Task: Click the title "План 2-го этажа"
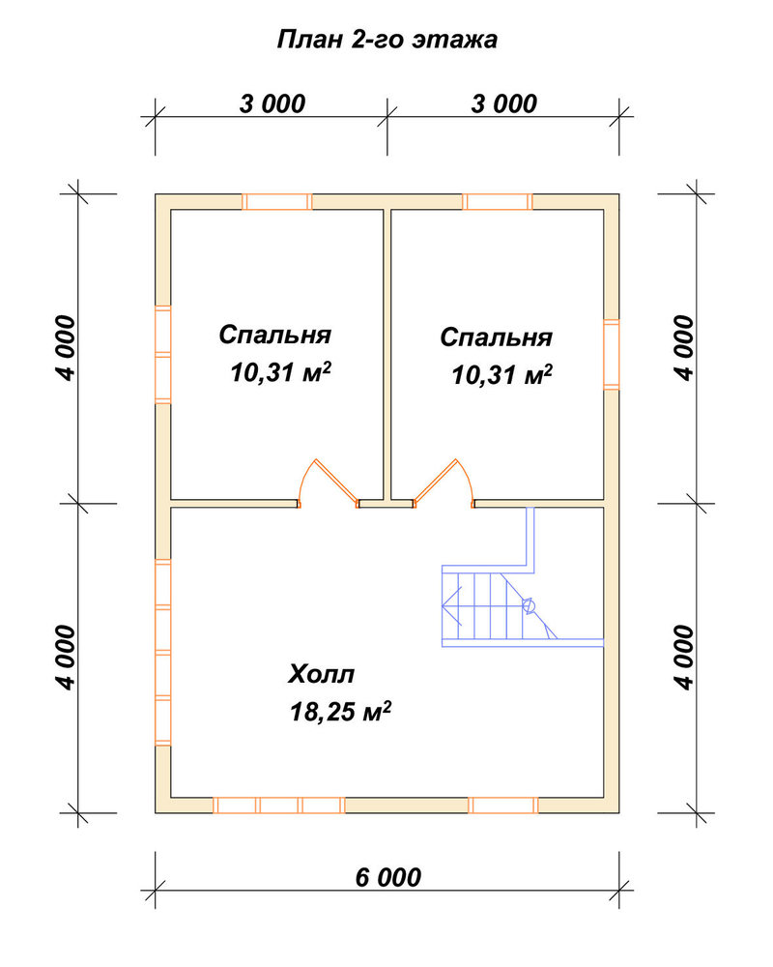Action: [x=387, y=40]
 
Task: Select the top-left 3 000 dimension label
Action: [x=272, y=103]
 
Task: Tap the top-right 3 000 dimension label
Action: [x=504, y=103]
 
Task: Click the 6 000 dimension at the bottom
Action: [x=388, y=877]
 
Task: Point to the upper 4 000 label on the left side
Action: [x=66, y=348]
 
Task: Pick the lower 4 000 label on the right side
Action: [x=684, y=658]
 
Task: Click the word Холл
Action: [x=321, y=674]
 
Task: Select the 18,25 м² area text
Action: [x=340, y=711]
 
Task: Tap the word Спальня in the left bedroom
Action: [x=275, y=335]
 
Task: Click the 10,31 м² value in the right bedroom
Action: [x=501, y=373]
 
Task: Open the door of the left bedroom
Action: [x=328, y=484]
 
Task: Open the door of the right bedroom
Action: [x=444, y=484]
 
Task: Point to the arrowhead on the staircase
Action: [x=450, y=605]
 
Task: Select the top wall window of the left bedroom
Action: [x=276, y=202]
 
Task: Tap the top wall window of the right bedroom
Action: [x=498, y=202]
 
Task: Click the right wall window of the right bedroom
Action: [x=611, y=355]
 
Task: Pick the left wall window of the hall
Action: [x=162, y=653]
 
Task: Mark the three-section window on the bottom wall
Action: [x=278, y=806]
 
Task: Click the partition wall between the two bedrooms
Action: [x=387, y=355]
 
